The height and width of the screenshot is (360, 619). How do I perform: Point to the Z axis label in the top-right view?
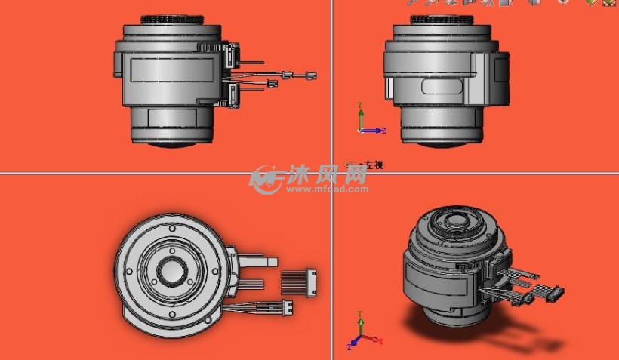tap(384, 131)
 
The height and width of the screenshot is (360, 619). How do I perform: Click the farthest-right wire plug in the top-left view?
tap(308, 75)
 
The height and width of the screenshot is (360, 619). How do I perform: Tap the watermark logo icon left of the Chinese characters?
tap(265, 178)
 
